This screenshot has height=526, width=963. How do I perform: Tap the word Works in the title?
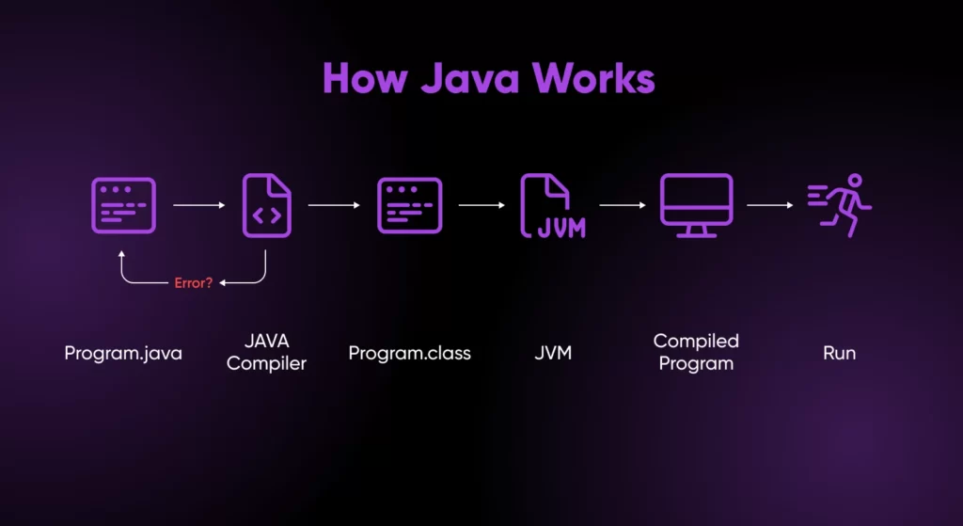coord(596,79)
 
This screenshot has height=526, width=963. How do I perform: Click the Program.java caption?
coord(122,354)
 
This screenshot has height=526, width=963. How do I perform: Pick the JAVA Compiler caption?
coord(266,354)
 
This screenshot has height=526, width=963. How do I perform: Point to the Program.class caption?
coord(409,354)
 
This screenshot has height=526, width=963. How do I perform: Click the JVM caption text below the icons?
coord(553,354)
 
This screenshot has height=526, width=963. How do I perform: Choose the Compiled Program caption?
coord(696,352)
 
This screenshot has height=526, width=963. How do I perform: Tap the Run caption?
coord(840,354)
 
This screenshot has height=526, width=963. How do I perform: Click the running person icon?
coord(841,204)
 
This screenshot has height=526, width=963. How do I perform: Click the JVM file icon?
coord(553,205)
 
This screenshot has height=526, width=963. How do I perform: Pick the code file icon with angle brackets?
coord(267,205)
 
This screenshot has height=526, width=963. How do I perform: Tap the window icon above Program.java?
coord(123,205)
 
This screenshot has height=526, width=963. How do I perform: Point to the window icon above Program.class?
coord(409,205)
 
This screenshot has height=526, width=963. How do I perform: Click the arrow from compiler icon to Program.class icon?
coord(334,204)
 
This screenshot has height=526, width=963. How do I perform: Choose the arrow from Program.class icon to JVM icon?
coord(481,204)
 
